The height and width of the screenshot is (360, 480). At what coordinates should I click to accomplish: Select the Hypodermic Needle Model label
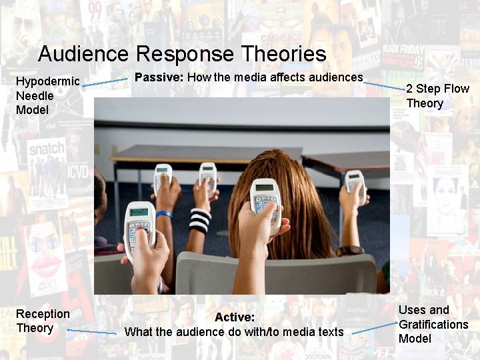(x=47, y=95)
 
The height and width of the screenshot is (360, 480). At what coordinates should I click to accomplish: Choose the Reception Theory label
(x=43, y=321)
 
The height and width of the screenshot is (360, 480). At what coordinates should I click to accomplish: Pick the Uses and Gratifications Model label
(x=433, y=324)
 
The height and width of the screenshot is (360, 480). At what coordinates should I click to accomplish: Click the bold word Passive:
(x=159, y=77)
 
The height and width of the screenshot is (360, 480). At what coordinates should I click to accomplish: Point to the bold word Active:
(x=235, y=317)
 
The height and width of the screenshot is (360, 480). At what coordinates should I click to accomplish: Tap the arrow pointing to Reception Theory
(x=91, y=331)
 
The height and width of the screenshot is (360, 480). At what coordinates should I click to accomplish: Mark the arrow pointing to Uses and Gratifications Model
(x=375, y=327)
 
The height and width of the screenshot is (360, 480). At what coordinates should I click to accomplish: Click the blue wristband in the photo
(x=164, y=214)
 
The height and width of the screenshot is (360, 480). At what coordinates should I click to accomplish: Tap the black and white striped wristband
(x=199, y=220)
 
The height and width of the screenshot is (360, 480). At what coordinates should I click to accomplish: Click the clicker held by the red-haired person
(x=264, y=200)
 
